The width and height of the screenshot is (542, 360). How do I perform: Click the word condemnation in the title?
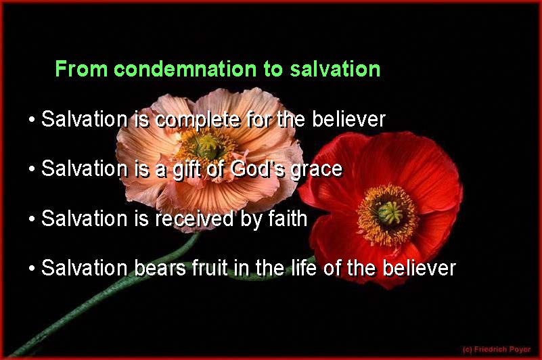(185, 69)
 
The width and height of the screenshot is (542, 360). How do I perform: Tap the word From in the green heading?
(82, 69)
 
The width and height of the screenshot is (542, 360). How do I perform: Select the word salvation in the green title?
(336, 69)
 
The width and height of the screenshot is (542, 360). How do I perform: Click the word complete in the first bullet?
(198, 120)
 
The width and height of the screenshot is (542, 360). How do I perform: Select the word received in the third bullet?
(194, 219)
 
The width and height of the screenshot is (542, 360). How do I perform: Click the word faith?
(288, 219)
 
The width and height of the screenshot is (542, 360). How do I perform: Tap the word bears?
(160, 268)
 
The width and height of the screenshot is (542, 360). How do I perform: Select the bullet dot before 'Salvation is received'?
(32, 219)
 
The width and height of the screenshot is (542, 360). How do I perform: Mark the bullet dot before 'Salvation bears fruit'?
(32, 269)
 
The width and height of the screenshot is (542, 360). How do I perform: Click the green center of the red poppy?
(390, 213)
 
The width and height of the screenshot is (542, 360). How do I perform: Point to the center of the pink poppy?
(208, 147)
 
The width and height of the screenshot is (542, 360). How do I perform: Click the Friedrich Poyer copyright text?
(497, 349)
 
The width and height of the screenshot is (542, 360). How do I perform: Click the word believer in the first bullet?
(348, 119)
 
